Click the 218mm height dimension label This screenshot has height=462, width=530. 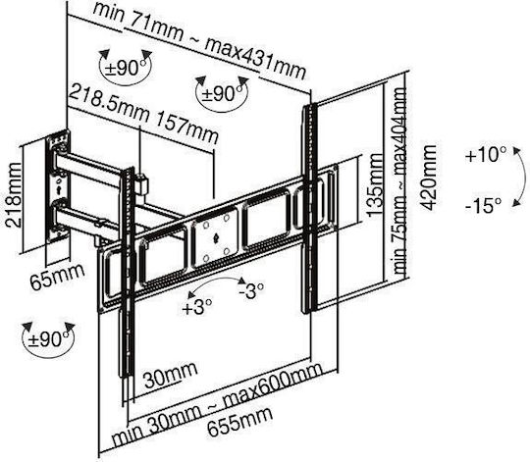[14, 194]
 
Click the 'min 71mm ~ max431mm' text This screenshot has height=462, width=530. [199, 41]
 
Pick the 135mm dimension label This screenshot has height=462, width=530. [375, 185]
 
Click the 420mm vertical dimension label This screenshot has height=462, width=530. [428, 178]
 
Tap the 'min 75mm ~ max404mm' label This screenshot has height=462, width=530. [398, 181]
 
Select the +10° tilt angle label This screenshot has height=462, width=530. [486, 155]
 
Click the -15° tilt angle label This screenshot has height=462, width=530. [483, 205]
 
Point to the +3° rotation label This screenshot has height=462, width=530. [196, 307]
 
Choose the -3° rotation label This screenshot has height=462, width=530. [251, 290]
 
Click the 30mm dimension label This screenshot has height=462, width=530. [171, 375]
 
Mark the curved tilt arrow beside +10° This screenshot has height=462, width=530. [519, 177]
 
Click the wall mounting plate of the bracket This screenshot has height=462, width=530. [58, 186]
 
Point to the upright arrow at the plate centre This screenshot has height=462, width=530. [217, 238]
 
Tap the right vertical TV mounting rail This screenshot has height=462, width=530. [310, 208]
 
